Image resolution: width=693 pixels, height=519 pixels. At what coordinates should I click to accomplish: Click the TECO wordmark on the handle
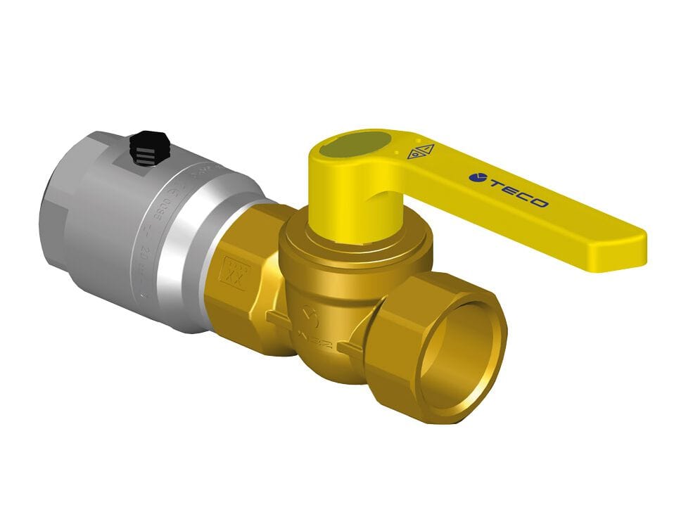pos(518,192)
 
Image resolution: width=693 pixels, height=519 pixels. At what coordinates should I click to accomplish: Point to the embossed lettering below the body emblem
pos(317,337)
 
